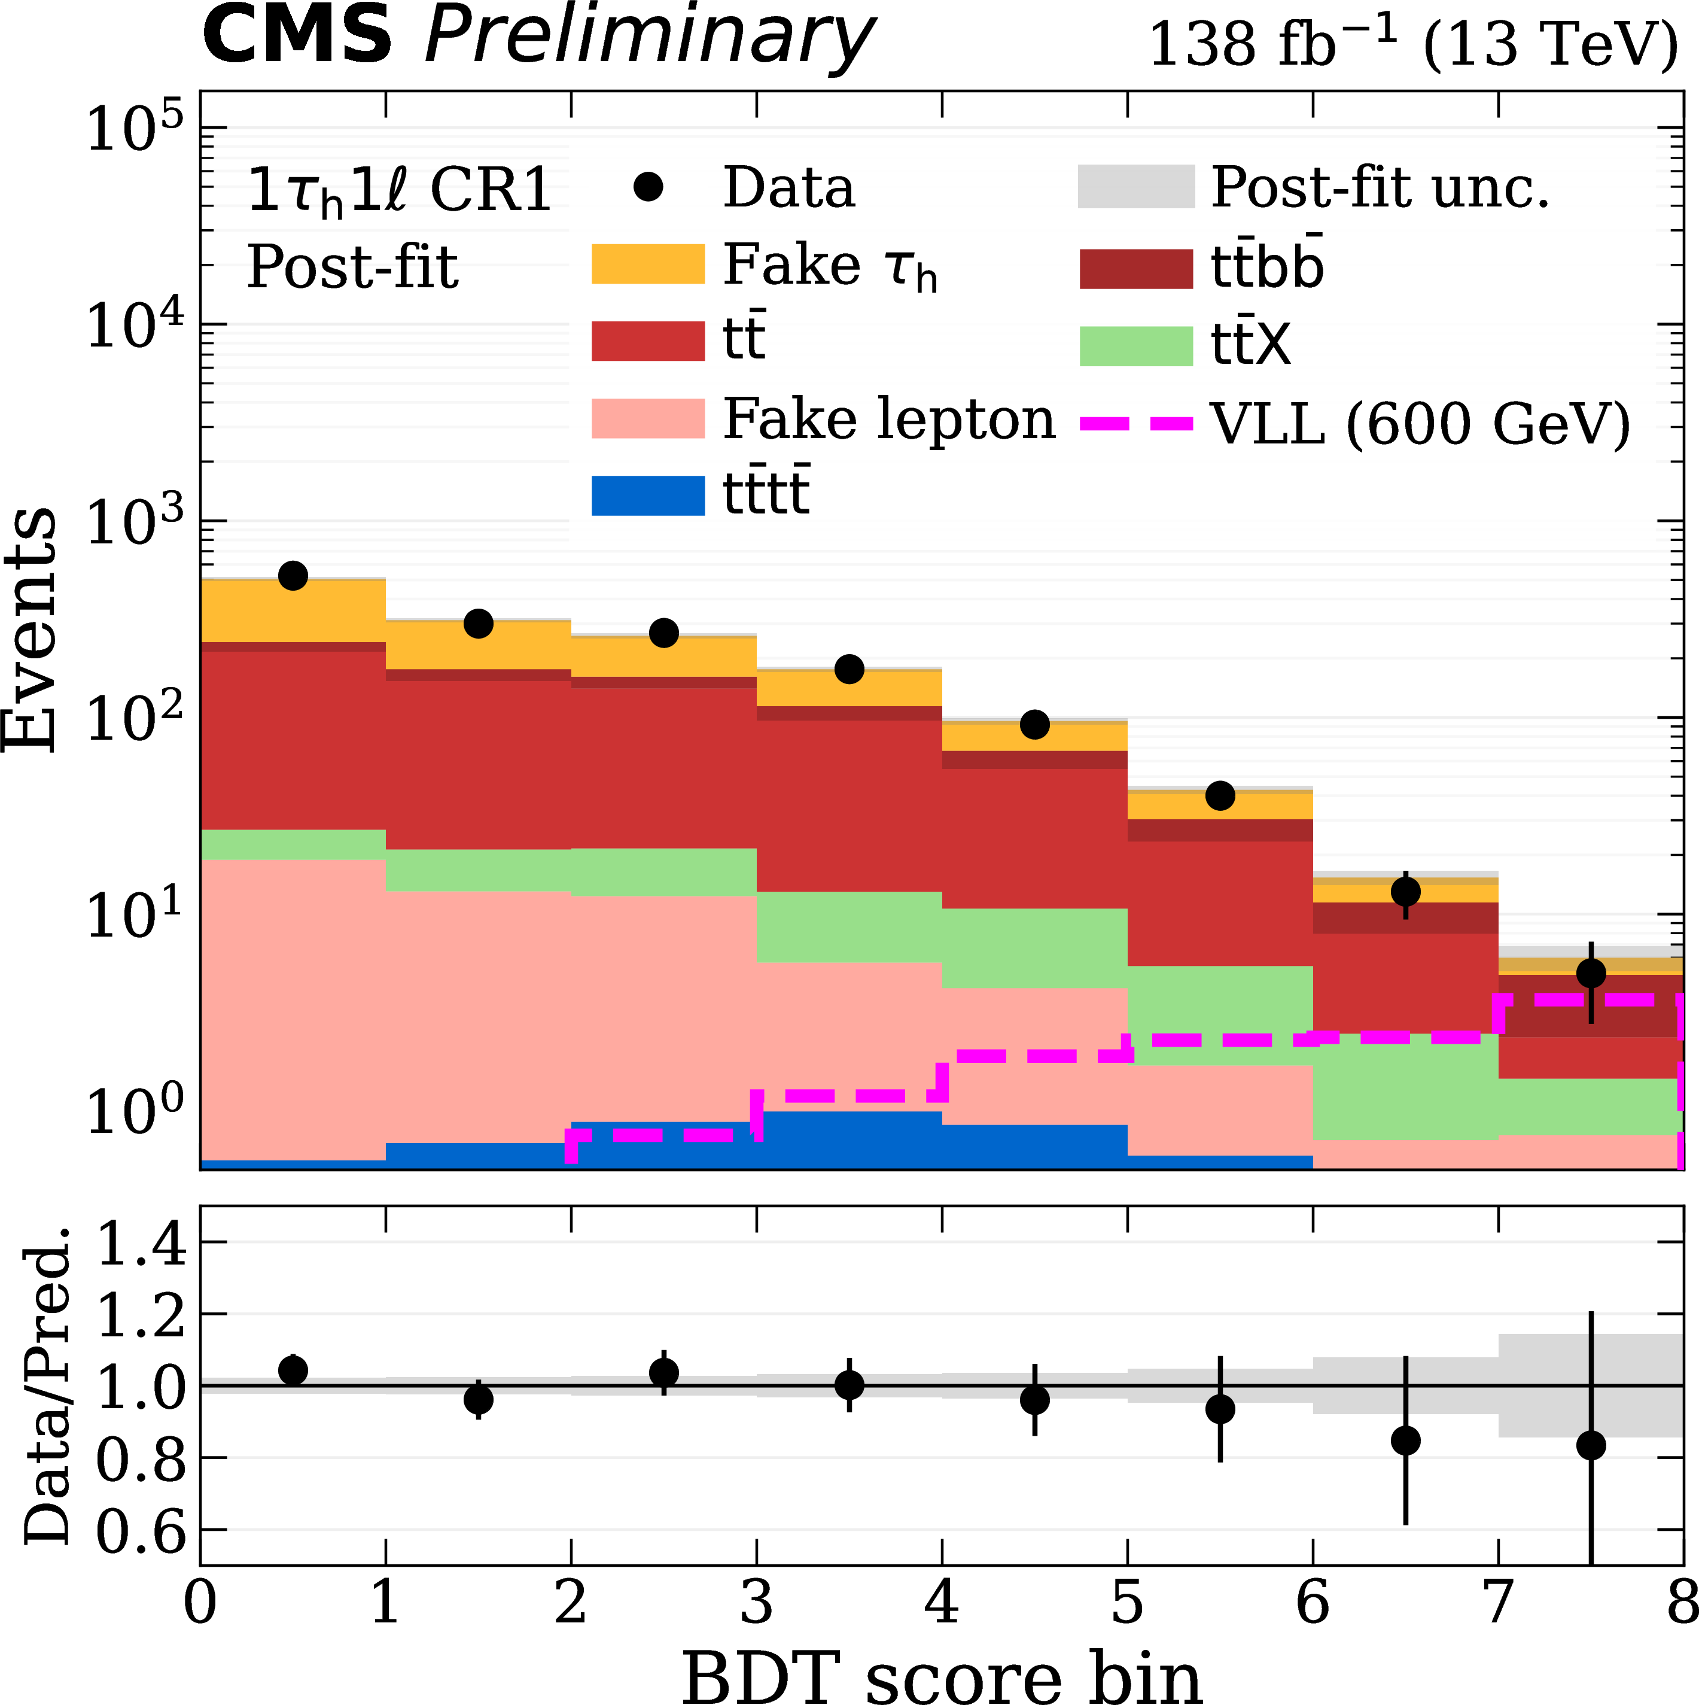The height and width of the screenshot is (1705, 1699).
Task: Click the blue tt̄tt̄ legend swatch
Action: click(647, 495)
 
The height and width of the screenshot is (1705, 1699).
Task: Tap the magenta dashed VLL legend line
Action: click(1135, 424)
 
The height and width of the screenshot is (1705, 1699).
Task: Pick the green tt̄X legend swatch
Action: click(1135, 346)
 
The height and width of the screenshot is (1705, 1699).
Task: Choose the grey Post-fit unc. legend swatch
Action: click(1135, 186)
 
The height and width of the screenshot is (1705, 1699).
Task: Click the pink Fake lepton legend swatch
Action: click(647, 418)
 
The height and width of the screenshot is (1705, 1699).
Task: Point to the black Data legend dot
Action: click(648, 187)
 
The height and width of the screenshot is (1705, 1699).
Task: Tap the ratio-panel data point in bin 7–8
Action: click(1591, 1445)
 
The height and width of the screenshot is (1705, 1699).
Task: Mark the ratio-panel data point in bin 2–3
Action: click(663, 1372)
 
